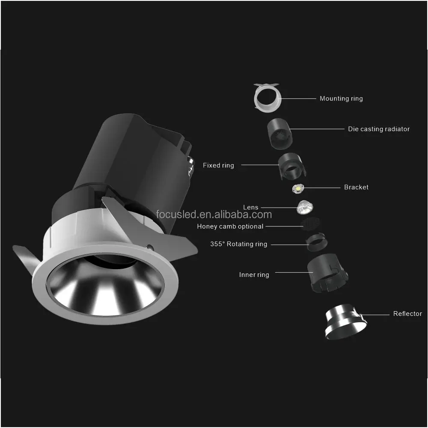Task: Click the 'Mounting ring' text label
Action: pos(341,98)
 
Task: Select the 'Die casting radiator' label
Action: pos(378,129)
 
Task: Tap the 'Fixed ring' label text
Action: pos(218,165)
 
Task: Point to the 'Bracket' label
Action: pos(356,187)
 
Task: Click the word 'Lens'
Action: pos(251,207)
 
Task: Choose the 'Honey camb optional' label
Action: pos(230,226)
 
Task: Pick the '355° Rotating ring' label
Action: pos(238,244)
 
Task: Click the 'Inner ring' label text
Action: pos(254,275)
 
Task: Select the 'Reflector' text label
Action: pos(407,314)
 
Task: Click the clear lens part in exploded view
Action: pos(305,208)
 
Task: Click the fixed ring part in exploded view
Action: pos(291,166)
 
